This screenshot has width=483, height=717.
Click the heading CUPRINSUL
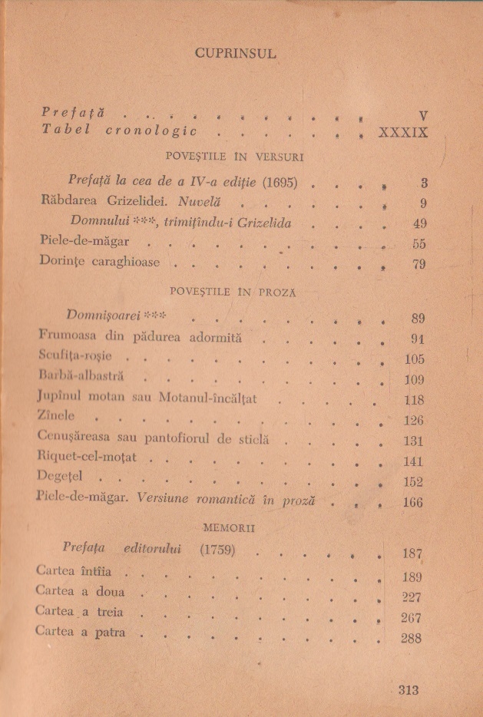235,53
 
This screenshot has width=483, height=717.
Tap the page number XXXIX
403,132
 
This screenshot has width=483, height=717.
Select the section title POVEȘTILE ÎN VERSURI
235,157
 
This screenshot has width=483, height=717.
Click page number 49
418,224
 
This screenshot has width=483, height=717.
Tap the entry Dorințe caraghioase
100,263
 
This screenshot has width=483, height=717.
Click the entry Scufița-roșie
74,358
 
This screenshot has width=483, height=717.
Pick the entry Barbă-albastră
80,378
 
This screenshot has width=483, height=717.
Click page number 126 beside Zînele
413,420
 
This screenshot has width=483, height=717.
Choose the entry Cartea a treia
79,613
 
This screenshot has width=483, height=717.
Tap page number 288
412,637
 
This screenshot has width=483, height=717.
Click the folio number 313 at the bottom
409,690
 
